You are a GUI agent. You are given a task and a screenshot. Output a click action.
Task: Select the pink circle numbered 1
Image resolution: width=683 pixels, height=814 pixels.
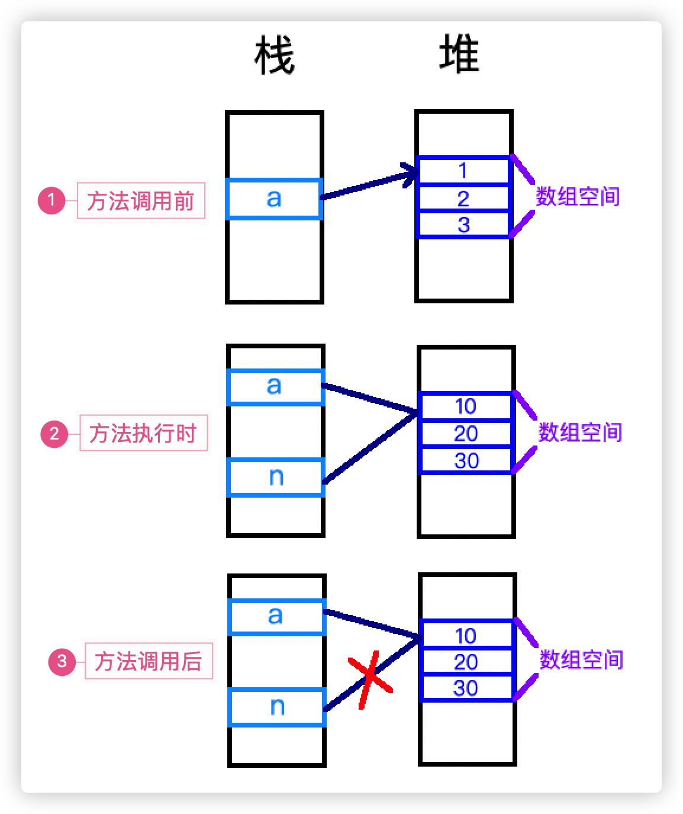[51, 200]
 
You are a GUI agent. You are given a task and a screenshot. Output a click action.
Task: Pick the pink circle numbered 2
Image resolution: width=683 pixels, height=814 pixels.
[54, 434]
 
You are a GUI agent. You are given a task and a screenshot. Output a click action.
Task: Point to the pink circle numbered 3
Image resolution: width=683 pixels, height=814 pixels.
[62, 661]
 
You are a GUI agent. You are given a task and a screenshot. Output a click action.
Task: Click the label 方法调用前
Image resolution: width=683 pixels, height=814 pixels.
[141, 201]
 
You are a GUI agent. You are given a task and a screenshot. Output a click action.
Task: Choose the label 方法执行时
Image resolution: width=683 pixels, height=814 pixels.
[143, 433]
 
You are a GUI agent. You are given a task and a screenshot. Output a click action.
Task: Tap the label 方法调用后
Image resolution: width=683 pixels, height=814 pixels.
[149, 661]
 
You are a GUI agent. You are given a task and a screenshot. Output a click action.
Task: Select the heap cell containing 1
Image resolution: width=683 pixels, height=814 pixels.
[463, 171]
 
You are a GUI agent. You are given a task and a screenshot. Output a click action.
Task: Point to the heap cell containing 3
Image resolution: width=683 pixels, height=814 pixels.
[463, 225]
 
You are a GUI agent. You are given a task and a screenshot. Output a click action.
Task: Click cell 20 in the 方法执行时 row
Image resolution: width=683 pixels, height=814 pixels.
[465, 434]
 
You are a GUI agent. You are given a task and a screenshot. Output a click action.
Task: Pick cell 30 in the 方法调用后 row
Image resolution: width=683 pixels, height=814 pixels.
[466, 688]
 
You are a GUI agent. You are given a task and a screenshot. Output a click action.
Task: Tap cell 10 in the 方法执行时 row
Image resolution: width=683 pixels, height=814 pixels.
[465, 406]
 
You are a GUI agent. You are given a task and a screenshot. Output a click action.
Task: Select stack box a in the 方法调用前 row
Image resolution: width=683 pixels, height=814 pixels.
[274, 199]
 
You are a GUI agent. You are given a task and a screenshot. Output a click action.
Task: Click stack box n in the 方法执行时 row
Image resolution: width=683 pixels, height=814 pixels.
[276, 477]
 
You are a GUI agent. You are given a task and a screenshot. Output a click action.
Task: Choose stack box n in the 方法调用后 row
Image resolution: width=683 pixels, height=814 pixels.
[277, 707]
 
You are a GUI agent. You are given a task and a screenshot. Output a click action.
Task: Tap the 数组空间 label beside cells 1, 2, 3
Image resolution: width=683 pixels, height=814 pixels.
[578, 197]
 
